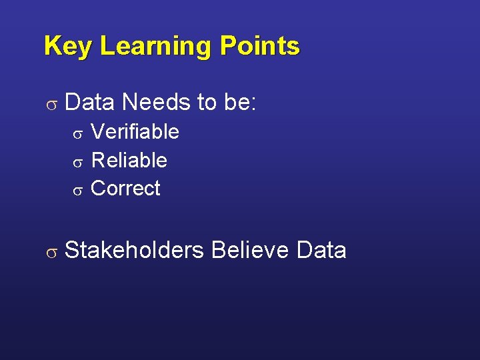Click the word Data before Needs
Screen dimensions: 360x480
[x=90, y=103]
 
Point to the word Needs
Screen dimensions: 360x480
[x=157, y=103]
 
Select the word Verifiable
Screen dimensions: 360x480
[x=135, y=132]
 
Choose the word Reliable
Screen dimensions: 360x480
[x=129, y=161]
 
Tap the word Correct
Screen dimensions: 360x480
[x=125, y=189]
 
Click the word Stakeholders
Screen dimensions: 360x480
[x=135, y=250]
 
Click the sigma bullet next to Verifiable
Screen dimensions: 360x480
[x=77, y=134]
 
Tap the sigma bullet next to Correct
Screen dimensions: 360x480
[x=77, y=191]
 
